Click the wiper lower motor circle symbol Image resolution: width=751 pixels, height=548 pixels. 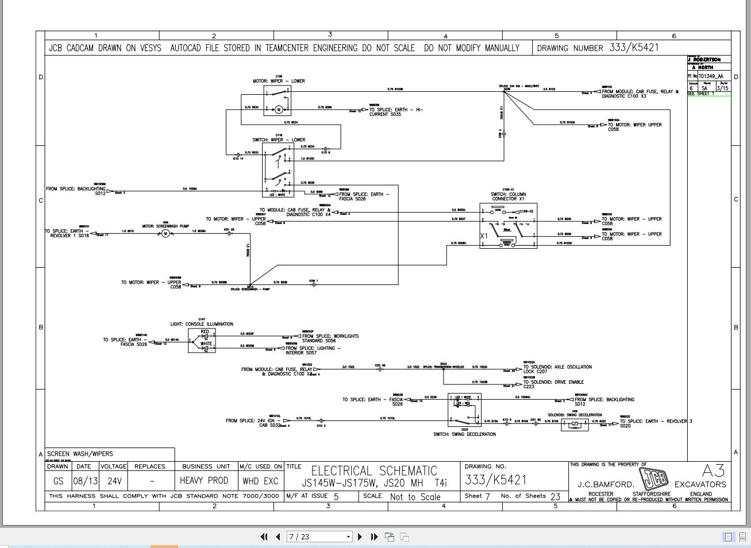[279, 110]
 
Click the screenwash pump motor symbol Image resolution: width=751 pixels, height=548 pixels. [165, 233]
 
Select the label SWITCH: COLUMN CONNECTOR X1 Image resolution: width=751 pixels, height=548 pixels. [508, 196]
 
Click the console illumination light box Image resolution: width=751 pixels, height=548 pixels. [202, 341]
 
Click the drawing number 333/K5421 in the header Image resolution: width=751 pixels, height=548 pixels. [634, 48]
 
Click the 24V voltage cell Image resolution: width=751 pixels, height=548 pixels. [114, 481]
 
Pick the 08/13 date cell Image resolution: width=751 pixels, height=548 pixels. [84, 481]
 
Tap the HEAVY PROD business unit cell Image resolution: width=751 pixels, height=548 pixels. [204, 481]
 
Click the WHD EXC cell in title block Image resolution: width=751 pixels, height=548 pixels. [260, 481]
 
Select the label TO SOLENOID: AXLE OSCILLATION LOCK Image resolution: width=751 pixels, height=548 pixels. [557, 369]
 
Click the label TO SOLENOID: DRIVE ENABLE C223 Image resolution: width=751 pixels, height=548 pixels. [553, 384]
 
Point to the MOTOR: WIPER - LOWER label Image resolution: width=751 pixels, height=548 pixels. [279, 81]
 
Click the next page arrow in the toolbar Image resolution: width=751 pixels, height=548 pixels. [360, 537]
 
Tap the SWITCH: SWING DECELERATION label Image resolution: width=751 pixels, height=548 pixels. [464, 434]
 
